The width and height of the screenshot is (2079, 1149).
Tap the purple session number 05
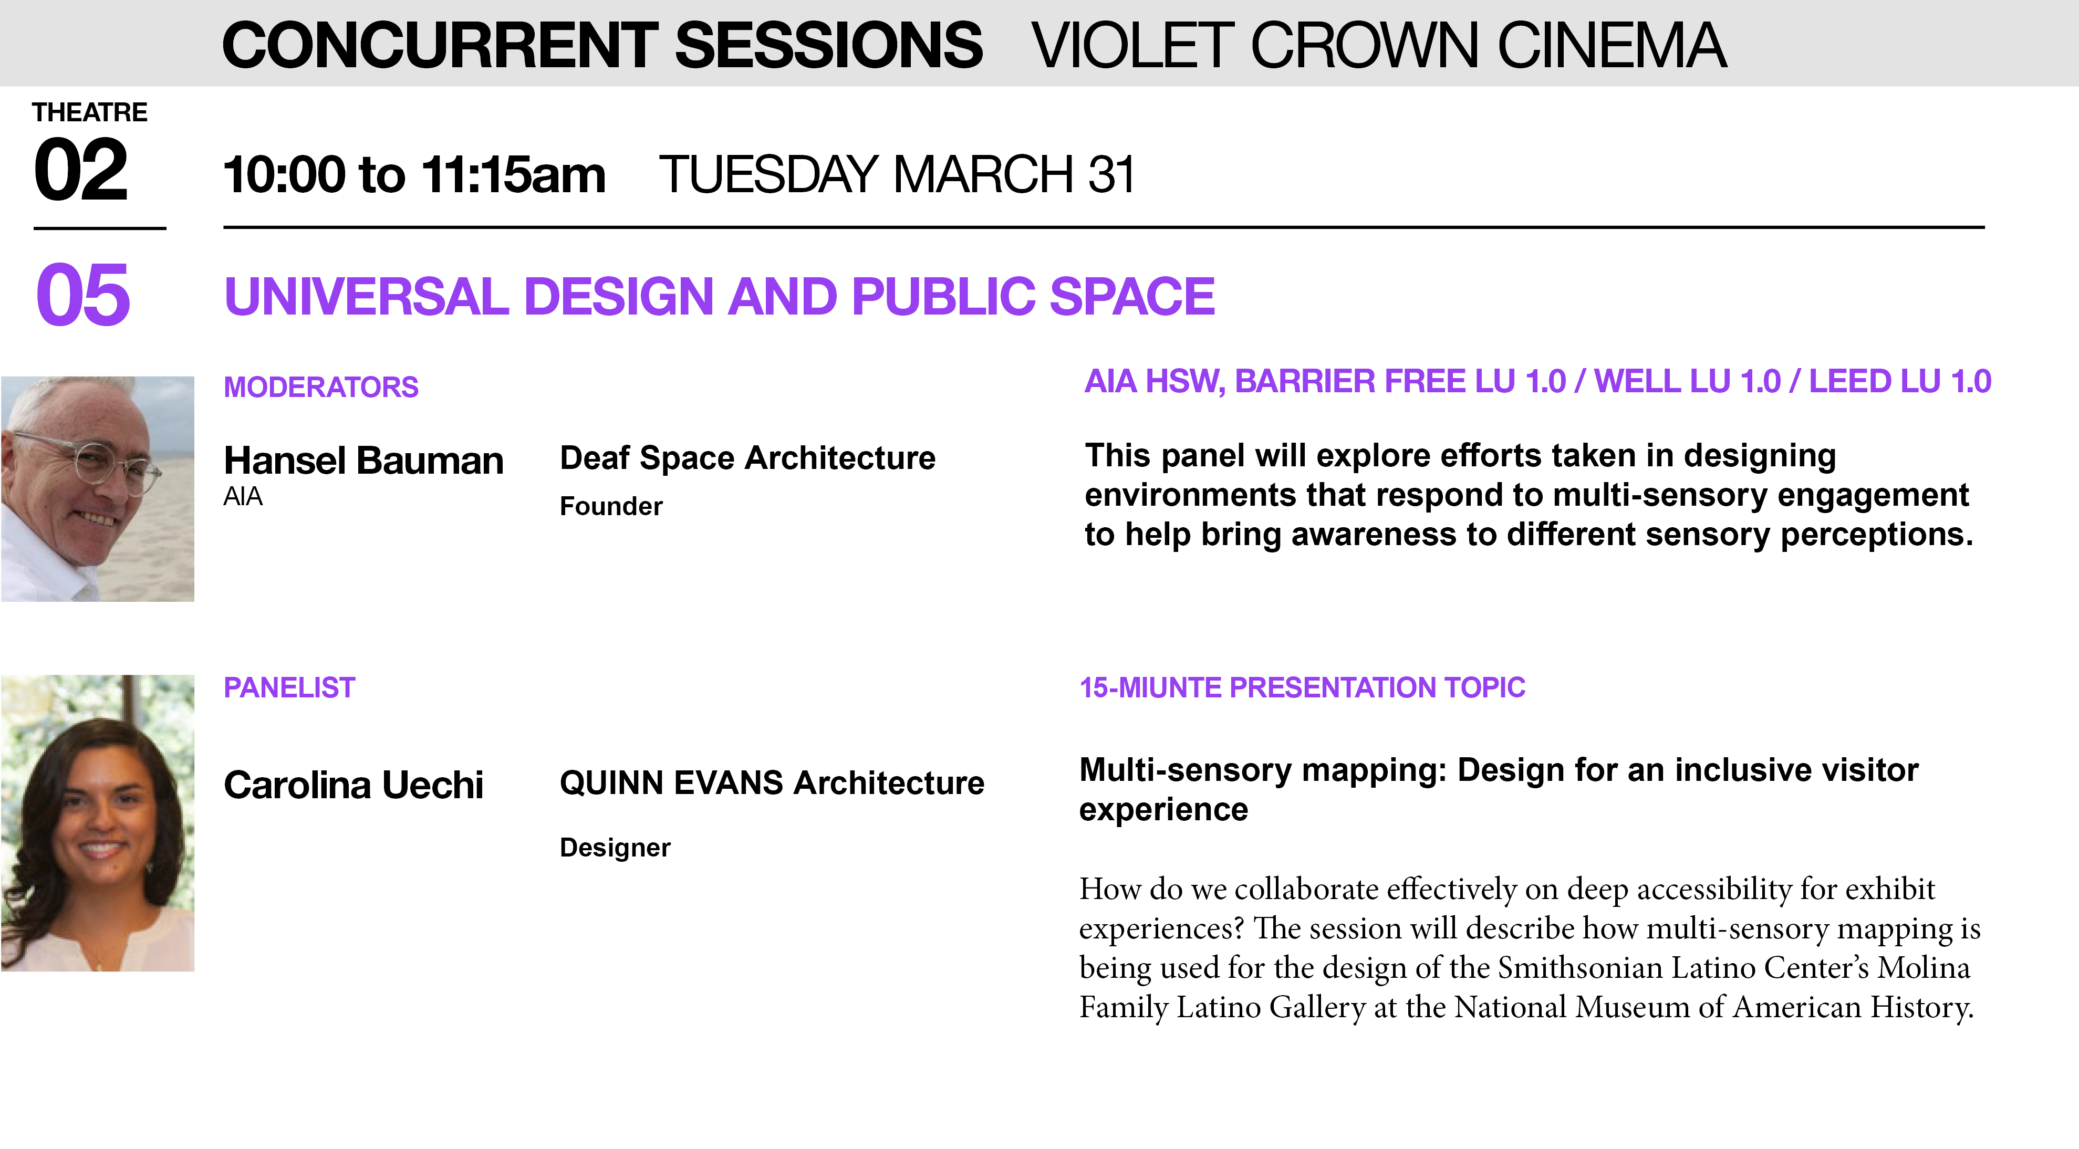(83, 295)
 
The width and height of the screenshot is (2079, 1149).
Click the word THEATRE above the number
(90, 112)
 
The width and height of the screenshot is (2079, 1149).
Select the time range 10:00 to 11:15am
(414, 174)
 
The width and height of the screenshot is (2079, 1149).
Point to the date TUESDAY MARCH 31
(897, 174)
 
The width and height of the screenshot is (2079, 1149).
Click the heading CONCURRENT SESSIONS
(602, 45)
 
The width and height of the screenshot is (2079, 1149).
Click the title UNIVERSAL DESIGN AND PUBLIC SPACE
(719, 296)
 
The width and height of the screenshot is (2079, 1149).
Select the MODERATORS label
(321, 388)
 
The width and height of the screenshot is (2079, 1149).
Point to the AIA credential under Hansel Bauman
(243, 496)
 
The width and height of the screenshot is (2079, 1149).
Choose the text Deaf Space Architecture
(747, 457)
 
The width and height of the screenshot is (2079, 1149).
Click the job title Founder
(611, 506)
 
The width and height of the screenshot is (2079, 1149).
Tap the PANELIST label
(289, 687)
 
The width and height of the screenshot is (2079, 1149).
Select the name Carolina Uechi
(354, 785)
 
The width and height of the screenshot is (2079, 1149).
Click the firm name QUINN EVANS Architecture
(772, 782)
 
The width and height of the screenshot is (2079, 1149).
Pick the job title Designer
(615, 847)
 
